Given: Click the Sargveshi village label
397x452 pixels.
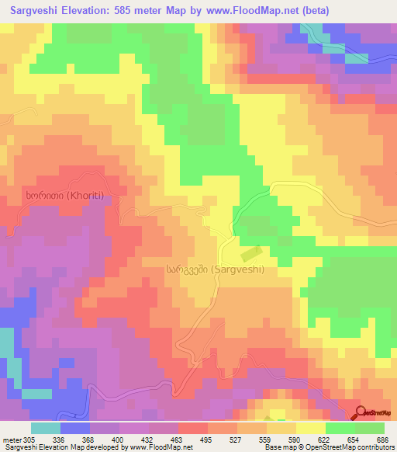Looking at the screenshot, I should pyautogui.click(x=215, y=269).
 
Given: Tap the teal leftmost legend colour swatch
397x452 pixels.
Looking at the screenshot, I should pyautogui.click(x=46, y=428).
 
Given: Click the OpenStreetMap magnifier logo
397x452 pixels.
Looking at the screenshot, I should pyautogui.click(x=362, y=412).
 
